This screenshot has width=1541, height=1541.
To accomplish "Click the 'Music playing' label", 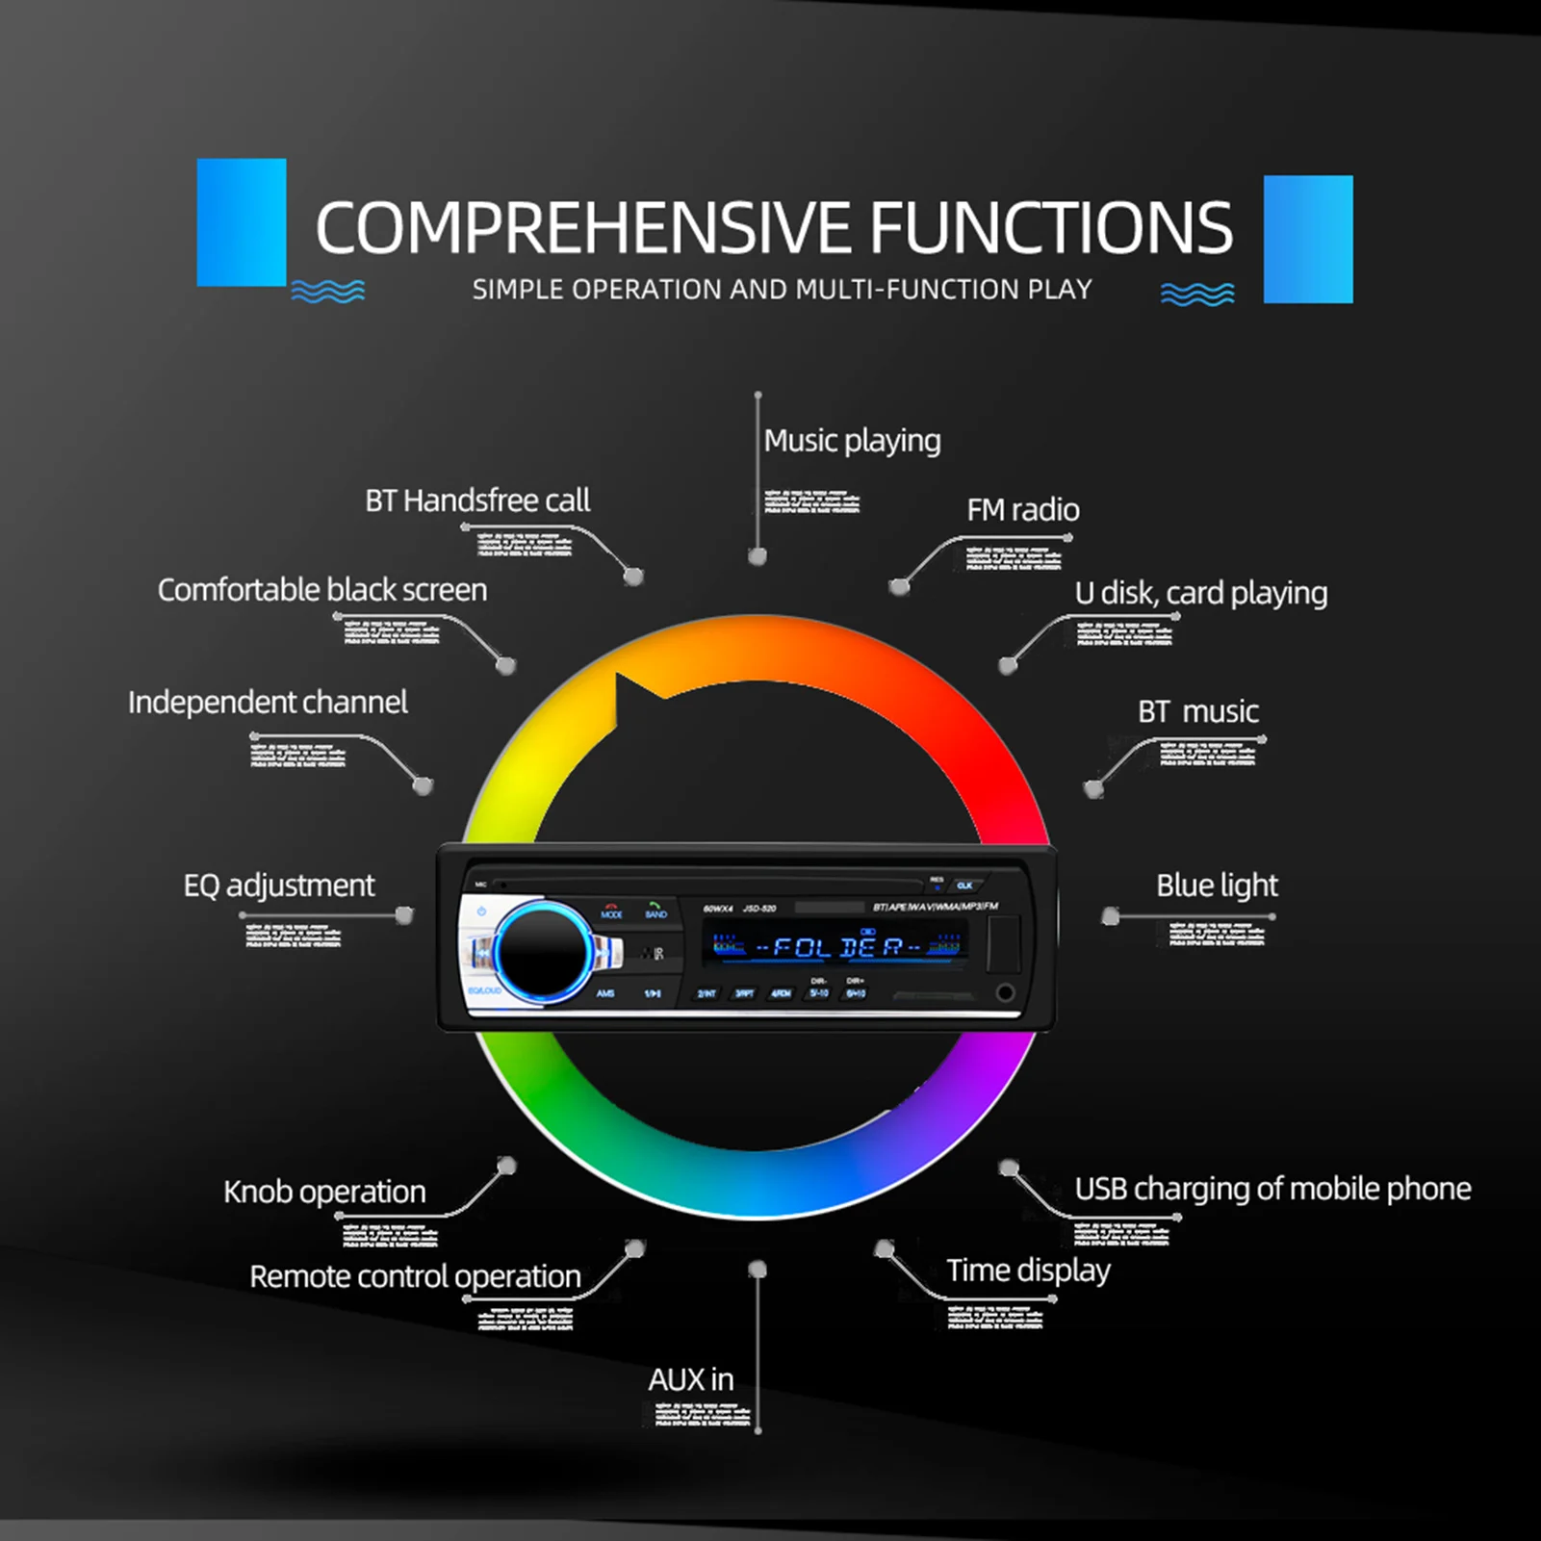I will [852, 441].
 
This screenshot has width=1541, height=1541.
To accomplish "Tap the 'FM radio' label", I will [1022, 510].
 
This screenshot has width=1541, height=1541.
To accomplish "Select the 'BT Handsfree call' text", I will [477, 501].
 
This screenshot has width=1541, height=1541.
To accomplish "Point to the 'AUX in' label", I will [690, 1380].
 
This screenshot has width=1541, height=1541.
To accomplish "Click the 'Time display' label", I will [1028, 1271].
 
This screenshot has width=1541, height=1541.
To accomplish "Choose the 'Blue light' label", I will [1217, 886].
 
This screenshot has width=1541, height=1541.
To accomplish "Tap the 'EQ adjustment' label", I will [279, 886].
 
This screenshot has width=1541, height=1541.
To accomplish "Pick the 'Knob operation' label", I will [324, 1192].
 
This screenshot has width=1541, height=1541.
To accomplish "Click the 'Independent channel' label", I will [268, 703].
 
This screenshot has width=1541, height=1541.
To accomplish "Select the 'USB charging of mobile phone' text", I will [1272, 1189].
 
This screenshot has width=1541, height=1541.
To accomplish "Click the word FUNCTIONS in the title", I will [1051, 228].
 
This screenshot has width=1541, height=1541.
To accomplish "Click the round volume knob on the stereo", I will [543, 952].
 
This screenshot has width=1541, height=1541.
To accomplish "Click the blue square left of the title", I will [242, 222].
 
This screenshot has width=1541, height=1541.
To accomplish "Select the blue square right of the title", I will [1308, 239].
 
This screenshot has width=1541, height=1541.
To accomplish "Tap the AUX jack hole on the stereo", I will [1005, 992].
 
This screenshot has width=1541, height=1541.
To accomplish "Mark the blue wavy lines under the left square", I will [328, 292].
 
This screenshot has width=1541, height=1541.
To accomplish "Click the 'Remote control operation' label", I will [415, 1276].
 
